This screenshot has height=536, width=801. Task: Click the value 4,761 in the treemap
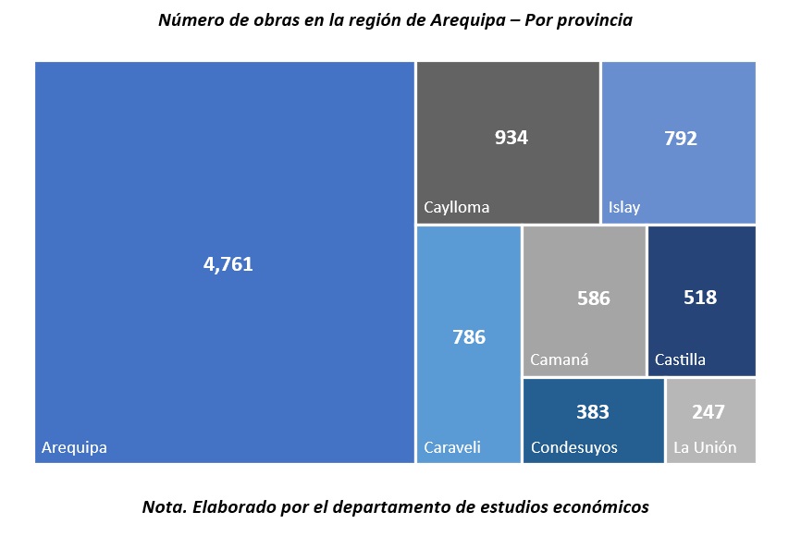coord(228,264)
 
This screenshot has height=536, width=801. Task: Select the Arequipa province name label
coord(74,448)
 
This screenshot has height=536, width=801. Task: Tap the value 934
coord(511,138)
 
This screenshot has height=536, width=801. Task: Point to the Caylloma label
coord(456,207)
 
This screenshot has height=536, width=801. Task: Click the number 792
coord(681,139)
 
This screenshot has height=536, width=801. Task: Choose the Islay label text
coord(624,207)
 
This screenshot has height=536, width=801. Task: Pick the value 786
coord(469,337)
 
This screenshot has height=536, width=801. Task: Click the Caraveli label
coord(452,448)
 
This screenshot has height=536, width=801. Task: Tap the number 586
coord(593,298)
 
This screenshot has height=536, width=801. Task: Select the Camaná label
coord(559,359)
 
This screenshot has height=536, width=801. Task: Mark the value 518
coord(700,298)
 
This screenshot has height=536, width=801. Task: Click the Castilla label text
coord(680,359)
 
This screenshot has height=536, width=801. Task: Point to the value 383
coord(593,411)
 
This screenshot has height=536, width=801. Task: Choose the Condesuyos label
coord(573,448)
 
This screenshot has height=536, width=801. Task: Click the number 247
coord(709,412)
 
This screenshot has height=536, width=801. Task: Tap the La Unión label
coord(705,448)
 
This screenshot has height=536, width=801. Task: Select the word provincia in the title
coord(593,20)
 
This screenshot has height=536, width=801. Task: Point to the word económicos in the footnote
coord(598,506)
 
